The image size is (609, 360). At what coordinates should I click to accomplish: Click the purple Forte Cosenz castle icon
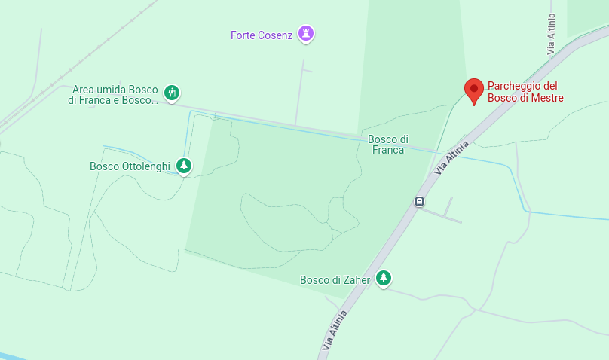(305, 33)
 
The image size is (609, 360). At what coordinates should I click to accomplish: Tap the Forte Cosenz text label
(262, 35)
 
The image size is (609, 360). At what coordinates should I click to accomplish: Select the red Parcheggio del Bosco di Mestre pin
(473, 90)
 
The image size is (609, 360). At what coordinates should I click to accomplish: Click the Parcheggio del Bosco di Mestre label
(525, 92)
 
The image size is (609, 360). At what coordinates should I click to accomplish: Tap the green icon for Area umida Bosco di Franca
(172, 93)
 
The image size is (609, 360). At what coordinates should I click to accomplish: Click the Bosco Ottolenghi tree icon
(183, 166)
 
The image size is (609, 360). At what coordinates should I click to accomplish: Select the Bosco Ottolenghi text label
(130, 166)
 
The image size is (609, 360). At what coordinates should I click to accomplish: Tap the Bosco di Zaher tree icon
(384, 279)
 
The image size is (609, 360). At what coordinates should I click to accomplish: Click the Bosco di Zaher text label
(335, 280)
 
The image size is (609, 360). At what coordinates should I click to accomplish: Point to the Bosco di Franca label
(388, 144)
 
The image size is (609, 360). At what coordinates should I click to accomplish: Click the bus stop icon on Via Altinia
(419, 201)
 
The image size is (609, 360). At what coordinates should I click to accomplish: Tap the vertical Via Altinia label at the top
(552, 33)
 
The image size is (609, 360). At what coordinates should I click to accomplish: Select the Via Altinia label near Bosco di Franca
(451, 157)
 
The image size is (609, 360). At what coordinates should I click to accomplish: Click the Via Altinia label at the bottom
(335, 330)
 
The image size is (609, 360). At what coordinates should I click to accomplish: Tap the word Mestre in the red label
(546, 98)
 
